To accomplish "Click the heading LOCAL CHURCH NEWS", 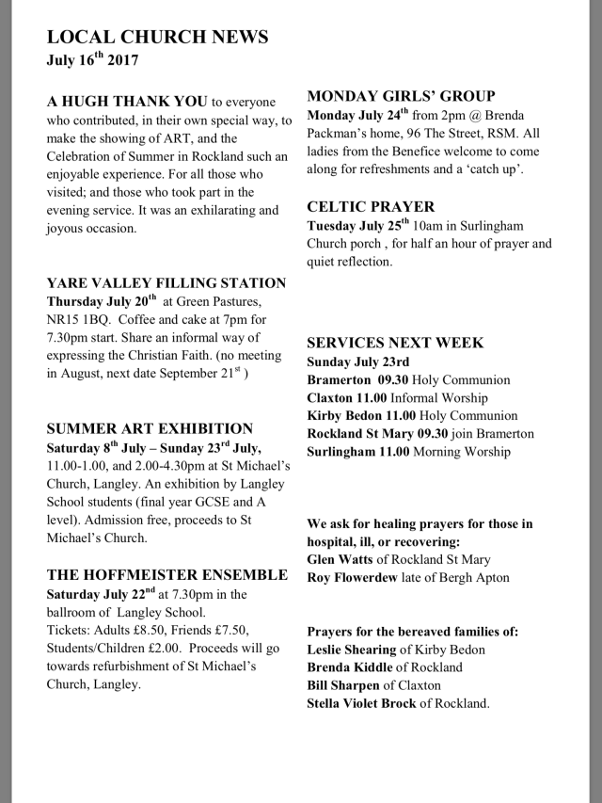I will [x=157, y=37].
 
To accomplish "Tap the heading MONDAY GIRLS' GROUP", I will [x=401, y=96].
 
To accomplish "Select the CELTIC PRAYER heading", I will [x=372, y=206].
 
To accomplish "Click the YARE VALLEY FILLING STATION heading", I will [x=166, y=282].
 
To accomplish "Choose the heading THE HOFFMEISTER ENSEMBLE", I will [x=167, y=574].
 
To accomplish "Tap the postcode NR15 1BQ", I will [x=80, y=319].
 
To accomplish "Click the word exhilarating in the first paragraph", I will [x=206, y=210].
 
